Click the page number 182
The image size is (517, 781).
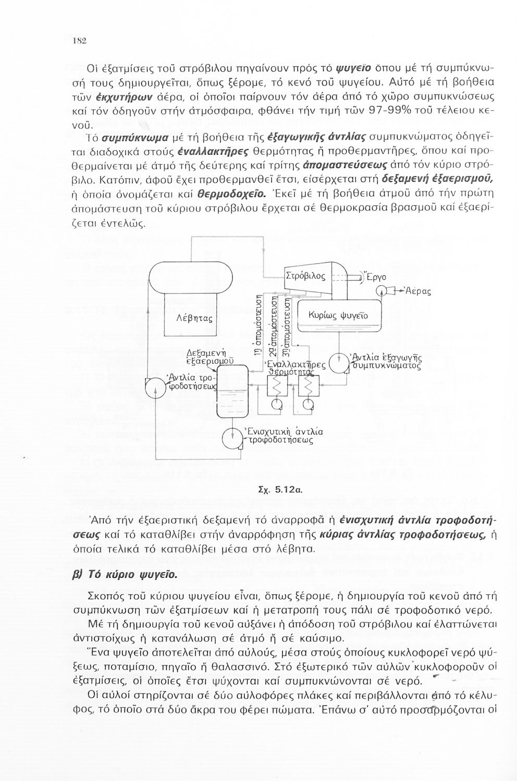coord(79,41)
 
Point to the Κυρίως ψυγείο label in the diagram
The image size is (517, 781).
coord(338,316)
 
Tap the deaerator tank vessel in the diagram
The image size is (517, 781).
coord(232,391)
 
